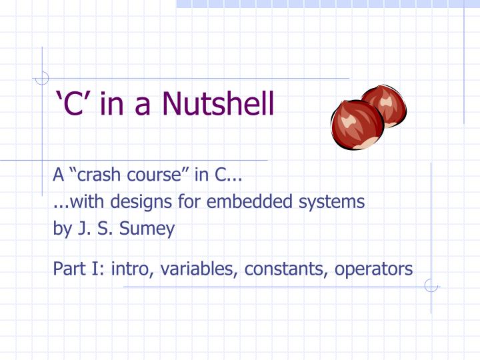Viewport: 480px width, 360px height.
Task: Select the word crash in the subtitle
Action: pos(98,176)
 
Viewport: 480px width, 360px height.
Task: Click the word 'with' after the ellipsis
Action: pos(78,201)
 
